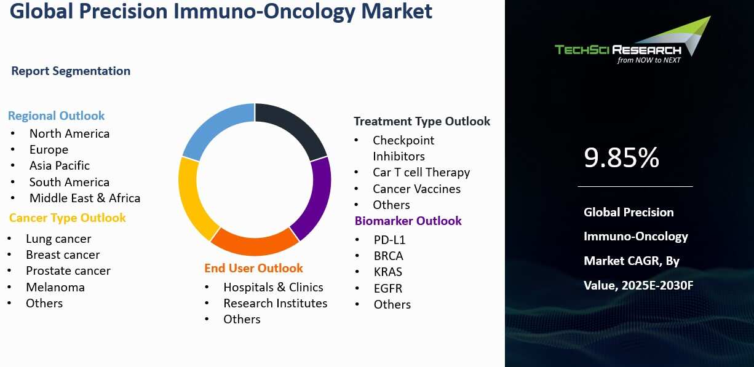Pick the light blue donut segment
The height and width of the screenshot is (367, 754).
click(215, 126)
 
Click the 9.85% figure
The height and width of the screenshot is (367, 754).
click(621, 157)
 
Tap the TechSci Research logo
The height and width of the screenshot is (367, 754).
click(633, 41)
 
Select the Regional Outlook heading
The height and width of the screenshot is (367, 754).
click(56, 116)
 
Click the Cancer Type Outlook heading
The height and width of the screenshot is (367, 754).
click(67, 218)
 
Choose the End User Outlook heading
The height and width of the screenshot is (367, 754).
click(253, 268)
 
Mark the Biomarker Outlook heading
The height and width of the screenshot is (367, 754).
click(408, 221)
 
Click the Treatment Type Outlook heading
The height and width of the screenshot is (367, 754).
click(422, 122)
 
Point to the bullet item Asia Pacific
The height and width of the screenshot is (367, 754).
click(60, 165)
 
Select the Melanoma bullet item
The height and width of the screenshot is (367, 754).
click(55, 287)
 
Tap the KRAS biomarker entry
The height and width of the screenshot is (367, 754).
click(388, 272)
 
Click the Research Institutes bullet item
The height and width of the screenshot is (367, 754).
click(276, 304)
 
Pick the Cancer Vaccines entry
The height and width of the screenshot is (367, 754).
click(417, 189)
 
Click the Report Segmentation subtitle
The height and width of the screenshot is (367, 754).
click(71, 71)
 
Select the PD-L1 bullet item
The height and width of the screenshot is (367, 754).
click(389, 240)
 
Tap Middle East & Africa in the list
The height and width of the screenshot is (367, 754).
click(85, 198)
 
